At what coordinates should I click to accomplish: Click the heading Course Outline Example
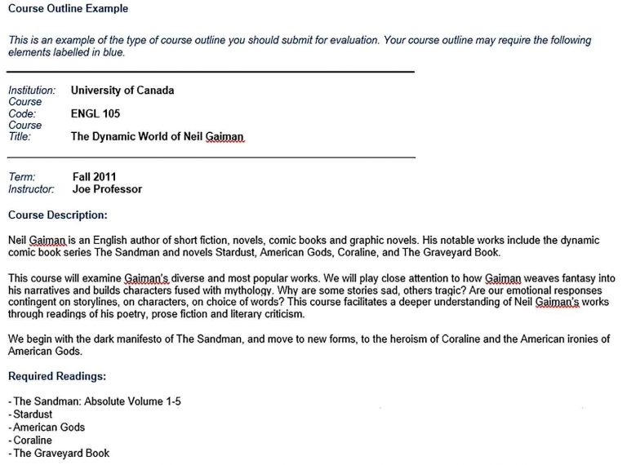[68, 9]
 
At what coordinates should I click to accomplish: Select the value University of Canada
[122, 91]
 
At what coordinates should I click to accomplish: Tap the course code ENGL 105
[96, 114]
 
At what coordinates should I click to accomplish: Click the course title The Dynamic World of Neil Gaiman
[157, 137]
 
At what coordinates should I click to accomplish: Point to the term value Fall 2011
[95, 177]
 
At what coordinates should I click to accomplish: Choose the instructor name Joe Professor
[107, 189]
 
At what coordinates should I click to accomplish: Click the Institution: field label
[32, 91]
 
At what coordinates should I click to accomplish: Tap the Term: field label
[22, 177]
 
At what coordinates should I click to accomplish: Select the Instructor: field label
[31, 189]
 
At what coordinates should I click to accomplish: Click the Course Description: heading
[58, 215]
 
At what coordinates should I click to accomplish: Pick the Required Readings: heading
[57, 376]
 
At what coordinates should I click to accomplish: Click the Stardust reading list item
[33, 414]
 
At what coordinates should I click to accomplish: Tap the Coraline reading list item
[31, 440]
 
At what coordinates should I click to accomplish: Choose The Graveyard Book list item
[60, 453]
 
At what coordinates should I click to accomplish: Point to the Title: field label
[20, 137]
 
